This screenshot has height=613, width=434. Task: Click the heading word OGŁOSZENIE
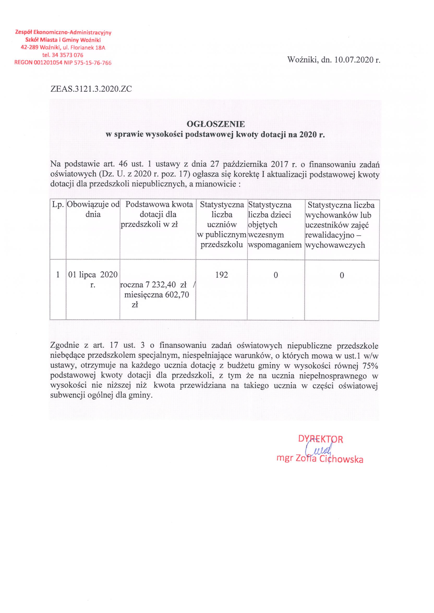(215, 124)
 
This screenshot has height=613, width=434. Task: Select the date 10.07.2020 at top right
(352, 60)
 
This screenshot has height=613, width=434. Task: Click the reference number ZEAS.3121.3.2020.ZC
(91, 89)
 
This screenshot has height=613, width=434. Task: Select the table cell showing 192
(221, 275)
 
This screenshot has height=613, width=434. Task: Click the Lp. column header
(58, 205)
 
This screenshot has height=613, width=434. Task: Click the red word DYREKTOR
(321, 439)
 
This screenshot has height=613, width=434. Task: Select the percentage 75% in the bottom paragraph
(370, 366)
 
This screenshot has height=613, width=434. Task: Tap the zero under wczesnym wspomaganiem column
(276, 275)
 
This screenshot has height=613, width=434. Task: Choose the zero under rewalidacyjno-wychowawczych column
(342, 275)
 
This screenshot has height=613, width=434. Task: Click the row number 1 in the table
(58, 275)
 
